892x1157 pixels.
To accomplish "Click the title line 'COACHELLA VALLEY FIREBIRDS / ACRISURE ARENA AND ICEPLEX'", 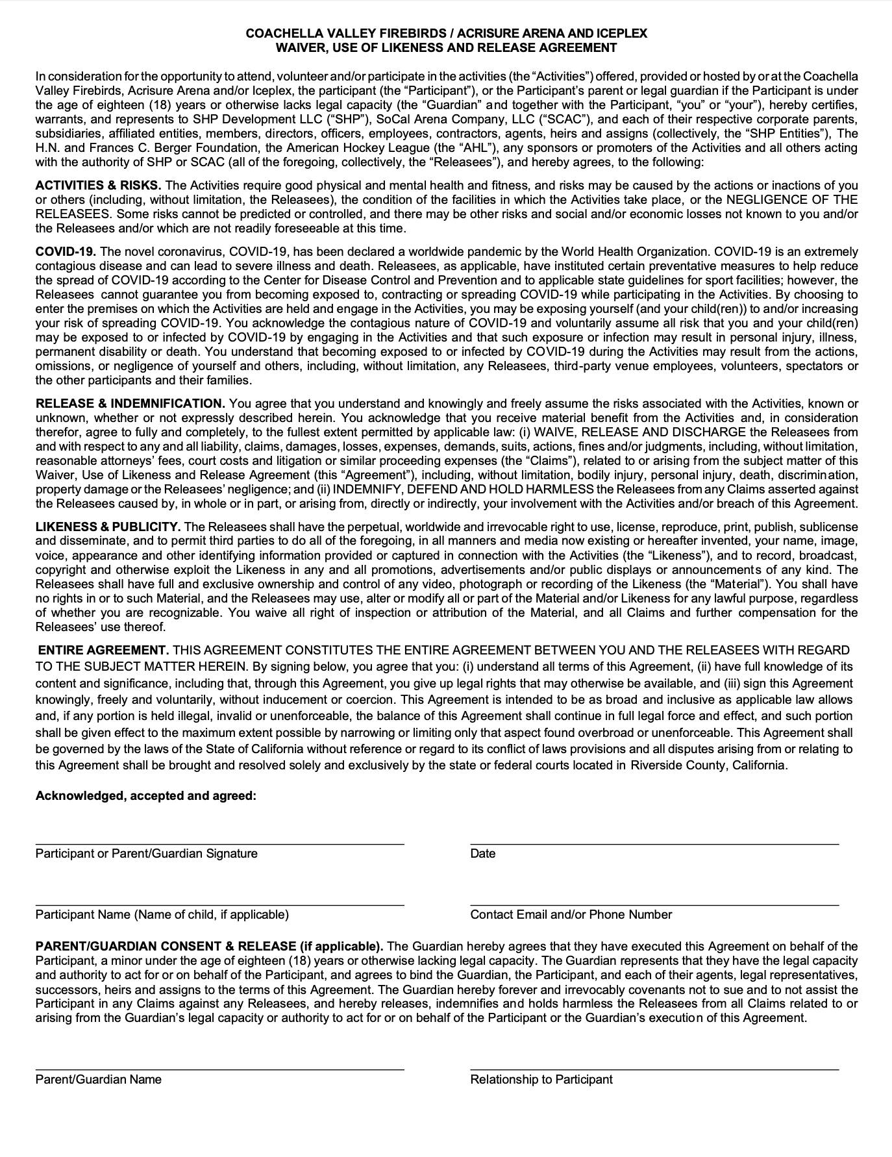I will tap(446, 33).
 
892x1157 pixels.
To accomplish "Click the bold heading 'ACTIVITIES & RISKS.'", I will tap(98, 186).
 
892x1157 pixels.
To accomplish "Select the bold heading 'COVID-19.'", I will tap(66, 252).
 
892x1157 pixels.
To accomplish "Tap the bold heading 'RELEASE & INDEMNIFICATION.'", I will tap(130, 404).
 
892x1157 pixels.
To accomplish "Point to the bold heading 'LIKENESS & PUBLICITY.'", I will tap(108, 527).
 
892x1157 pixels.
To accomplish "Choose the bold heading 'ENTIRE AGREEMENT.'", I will tap(104, 651).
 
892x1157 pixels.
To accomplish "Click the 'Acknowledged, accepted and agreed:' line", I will tap(145, 796).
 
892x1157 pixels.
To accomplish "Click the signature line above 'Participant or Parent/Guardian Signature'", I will tap(219, 843).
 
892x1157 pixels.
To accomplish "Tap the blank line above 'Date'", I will tap(654, 843).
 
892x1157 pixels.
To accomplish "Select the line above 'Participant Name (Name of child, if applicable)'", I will tap(219, 904).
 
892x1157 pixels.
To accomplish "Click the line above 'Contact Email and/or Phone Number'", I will tap(654, 904).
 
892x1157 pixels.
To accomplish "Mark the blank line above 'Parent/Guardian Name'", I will tap(219, 1069).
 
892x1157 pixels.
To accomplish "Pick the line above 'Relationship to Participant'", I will tap(654, 1069).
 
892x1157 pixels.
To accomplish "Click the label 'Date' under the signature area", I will tap(482, 854).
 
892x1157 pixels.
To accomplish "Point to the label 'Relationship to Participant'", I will tap(541, 1080).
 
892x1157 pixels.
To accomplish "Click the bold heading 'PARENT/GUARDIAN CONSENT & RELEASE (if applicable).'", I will tap(209, 947).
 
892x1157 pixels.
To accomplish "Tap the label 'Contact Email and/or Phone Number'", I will tap(571, 915).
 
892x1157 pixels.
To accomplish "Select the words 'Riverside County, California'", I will tap(708, 765).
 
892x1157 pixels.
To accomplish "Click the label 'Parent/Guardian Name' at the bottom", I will tap(98, 1080).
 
